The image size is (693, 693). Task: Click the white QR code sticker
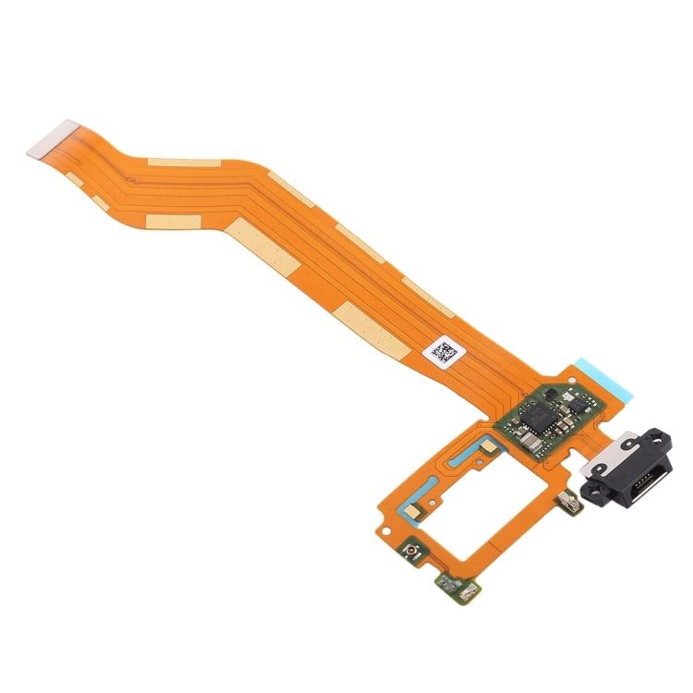point(443,353)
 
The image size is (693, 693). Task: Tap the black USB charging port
point(628,471)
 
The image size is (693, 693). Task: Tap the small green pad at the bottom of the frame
point(451,583)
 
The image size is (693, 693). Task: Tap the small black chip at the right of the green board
point(578,404)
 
